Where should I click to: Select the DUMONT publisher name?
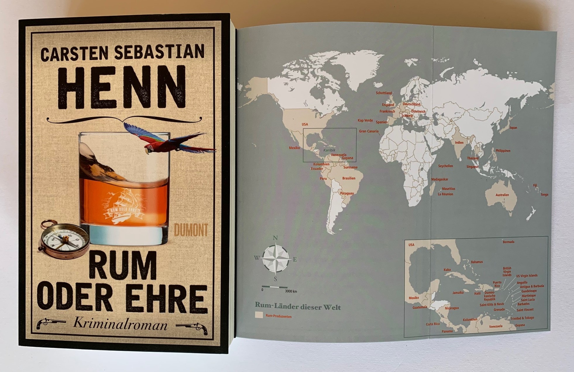pyautogui.click(x=191, y=230)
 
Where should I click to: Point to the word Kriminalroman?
pyautogui.click(x=120, y=324)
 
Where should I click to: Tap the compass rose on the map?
pyautogui.click(x=275, y=259)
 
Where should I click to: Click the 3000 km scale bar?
pyautogui.click(x=274, y=287)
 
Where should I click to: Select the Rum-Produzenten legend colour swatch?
pyautogui.click(x=259, y=315)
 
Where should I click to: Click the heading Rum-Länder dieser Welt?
pyautogui.click(x=298, y=307)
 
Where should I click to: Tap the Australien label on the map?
pyautogui.click(x=502, y=195)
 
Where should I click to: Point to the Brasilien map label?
pyautogui.click(x=349, y=178)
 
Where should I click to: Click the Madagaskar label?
pyautogui.click(x=439, y=179)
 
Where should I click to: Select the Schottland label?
pyautogui.click(x=384, y=93)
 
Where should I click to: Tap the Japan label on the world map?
pyautogui.click(x=513, y=128)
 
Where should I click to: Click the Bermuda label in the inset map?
pyautogui.click(x=508, y=242)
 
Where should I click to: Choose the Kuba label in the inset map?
pyautogui.click(x=447, y=270)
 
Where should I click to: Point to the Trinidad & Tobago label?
pyautogui.click(x=522, y=318)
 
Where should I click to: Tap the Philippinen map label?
pyautogui.click(x=503, y=151)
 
